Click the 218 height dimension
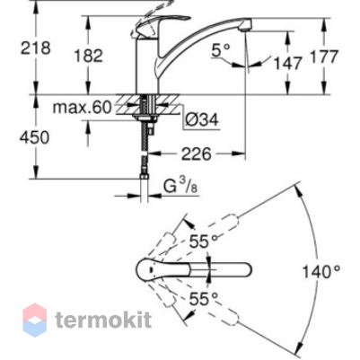pos(35,48)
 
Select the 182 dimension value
pos(89,56)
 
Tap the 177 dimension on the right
pos(324,57)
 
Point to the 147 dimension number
pos(288,64)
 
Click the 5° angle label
pos(221,49)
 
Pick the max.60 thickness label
pos(82,107)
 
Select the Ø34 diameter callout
pos(202,120)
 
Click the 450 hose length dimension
pos(34,138)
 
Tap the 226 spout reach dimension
pos(197,154)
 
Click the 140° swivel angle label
pos(321,272)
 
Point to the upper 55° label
pos(204,241)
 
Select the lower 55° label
pos(204,298)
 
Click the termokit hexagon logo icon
pos(35,320)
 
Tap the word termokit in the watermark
pos(103,320)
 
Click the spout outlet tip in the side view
pos(245,27)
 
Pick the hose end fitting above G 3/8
pos(145,177)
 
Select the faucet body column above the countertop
pos(147,66)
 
